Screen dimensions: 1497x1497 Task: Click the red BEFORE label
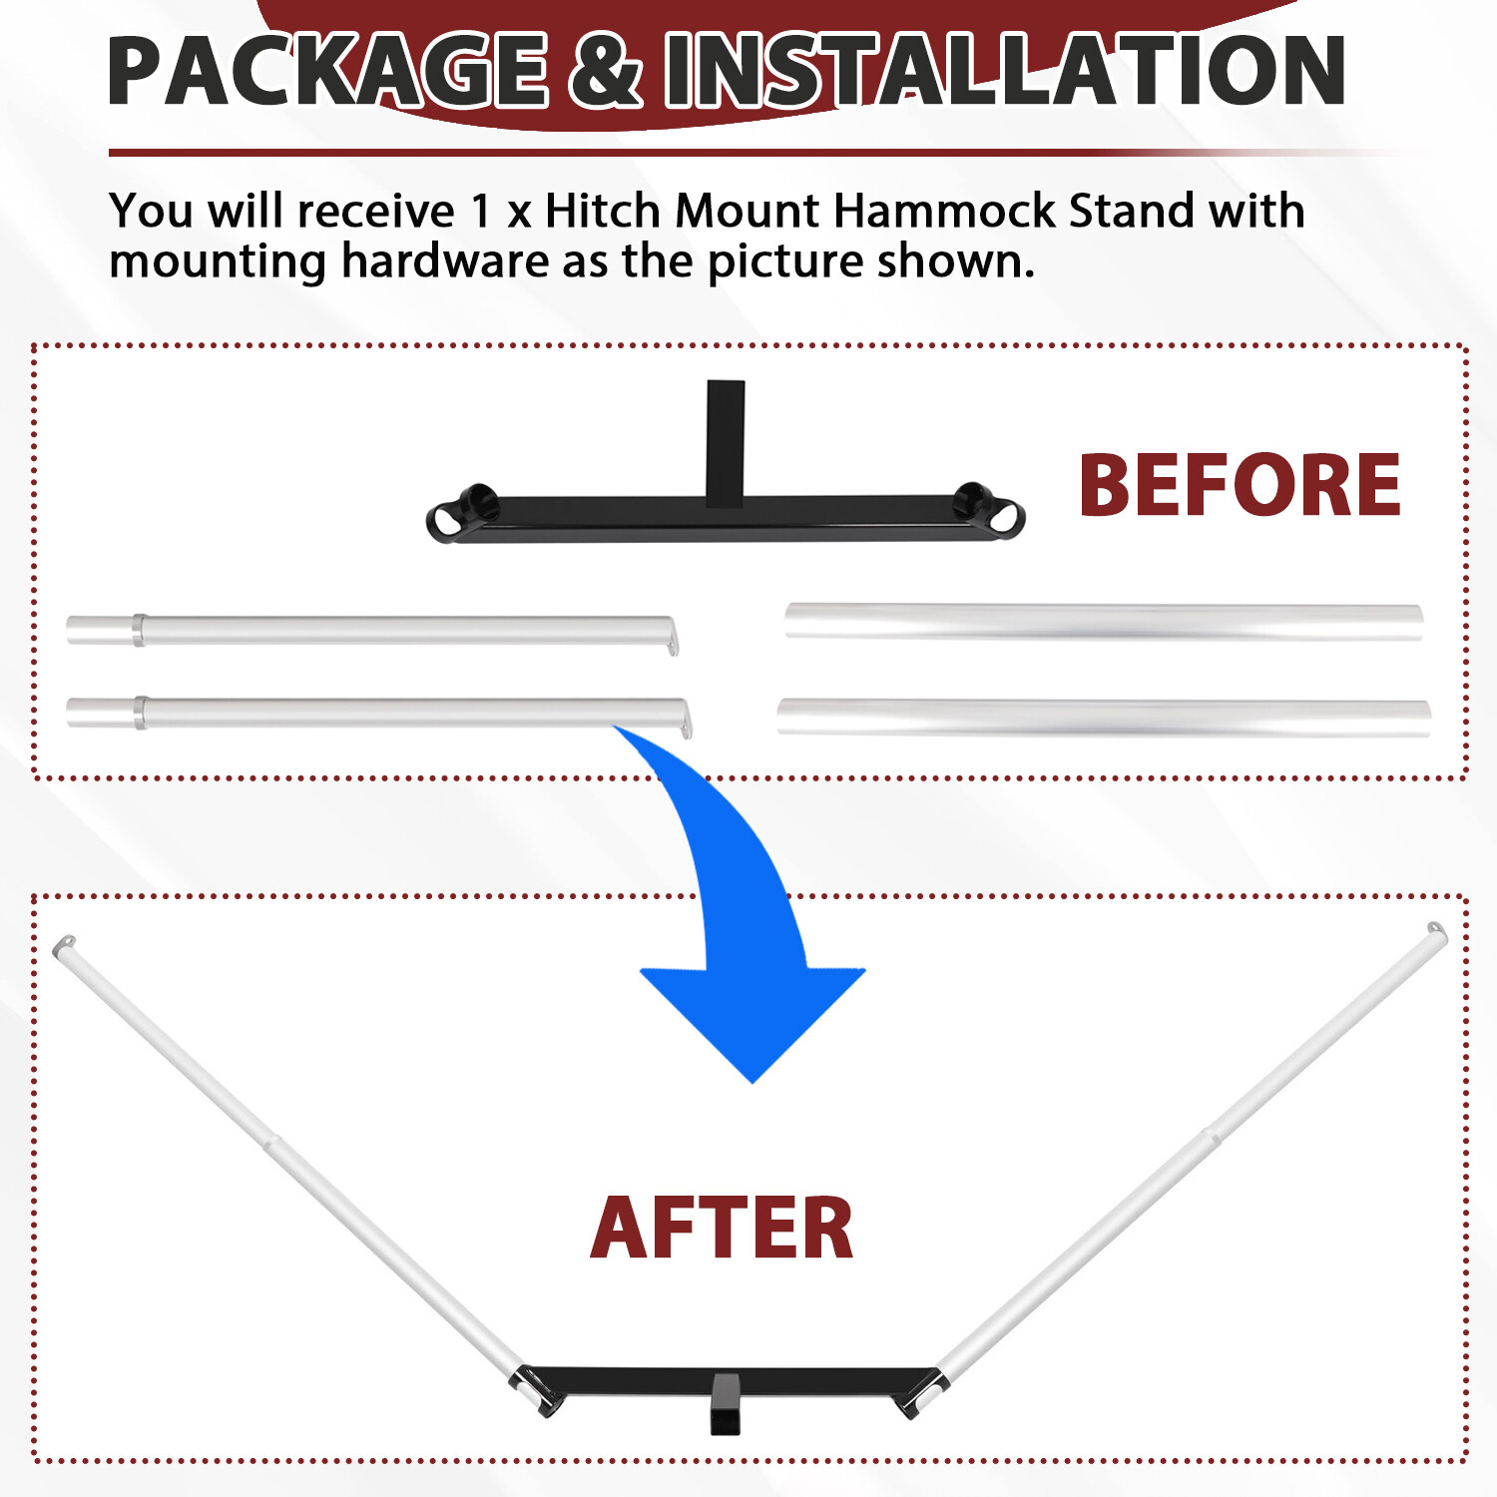click(x=1240, y=486)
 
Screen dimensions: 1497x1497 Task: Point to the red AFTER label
click(x=722, y=1229)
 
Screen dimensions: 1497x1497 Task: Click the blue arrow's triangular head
click(x=752, y=1018)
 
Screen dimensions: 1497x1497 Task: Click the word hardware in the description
click(x=445, y=261)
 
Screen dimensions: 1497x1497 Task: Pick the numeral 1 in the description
click(x=482, y=212)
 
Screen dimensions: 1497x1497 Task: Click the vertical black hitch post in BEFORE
click(x=726, y=439)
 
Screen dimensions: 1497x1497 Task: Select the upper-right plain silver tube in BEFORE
click(x=1103, y=621)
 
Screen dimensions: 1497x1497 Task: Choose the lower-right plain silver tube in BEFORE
click(x=1103, y=717)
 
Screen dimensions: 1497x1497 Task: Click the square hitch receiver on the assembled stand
click(x=726, y=1402)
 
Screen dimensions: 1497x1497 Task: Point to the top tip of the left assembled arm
click(x=64, y=943)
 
